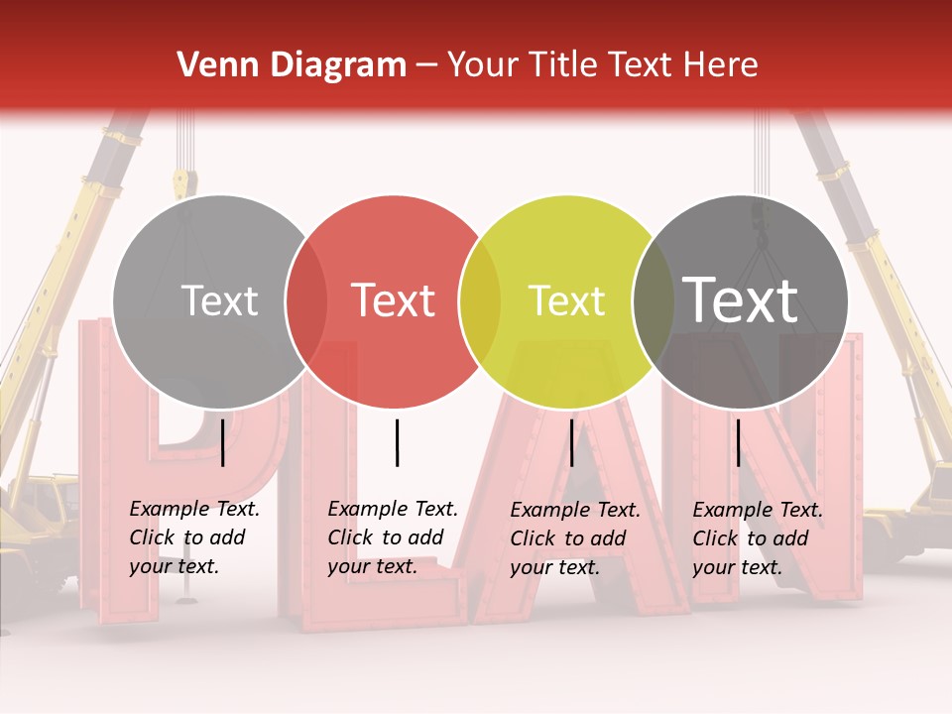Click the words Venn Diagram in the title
click(x=292, y=65)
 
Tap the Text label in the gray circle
click(x=220, y=301)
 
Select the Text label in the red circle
click(x=394, y=300)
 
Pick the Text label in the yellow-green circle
click(x=567, y=301)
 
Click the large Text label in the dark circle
click(x=741, y=299)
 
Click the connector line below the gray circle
click(x=222, y=442)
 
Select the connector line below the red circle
click(x=397, y=442)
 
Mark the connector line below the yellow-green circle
click(x=571, y=442)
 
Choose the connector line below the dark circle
click(x=738, y=442)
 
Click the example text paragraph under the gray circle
click(x=194, y=537)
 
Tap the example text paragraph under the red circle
click(x=393, y=537)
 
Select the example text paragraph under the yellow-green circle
click(x=575, y=538)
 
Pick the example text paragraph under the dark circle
click(x=758, y=538)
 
